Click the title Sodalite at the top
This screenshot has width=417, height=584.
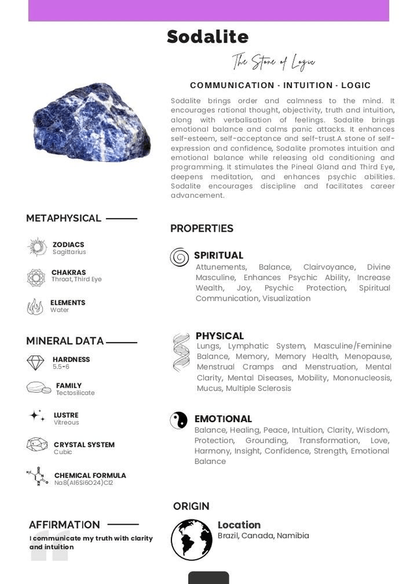pos(207,37)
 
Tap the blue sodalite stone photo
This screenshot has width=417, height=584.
pos(92,122)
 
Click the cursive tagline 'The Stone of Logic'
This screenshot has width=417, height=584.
pos(274,63)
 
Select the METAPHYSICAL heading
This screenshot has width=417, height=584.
pos(63,218)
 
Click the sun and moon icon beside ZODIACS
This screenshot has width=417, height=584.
pos(37,247)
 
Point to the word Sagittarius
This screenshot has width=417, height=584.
pos(69,252)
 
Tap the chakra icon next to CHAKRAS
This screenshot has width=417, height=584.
pos(36,277)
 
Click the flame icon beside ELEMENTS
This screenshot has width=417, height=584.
pos(35,306)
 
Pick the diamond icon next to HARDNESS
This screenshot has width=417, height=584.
pos(36,362)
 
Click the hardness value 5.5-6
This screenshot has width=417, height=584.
pos(61,367)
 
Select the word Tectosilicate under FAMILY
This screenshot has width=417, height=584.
pos(75,393)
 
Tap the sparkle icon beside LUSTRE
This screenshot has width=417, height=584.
pos(37,416)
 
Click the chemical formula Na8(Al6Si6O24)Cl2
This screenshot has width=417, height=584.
pos(83,483)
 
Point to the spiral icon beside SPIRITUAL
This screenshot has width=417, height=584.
pos(179,257)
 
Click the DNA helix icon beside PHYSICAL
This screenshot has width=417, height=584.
pos(181,352)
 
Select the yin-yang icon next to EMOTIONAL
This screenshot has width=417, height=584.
pos(179,420)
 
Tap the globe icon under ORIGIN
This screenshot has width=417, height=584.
pos(192,540)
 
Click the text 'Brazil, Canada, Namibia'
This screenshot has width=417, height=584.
pos(263,536)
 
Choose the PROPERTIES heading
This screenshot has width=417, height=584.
pos(201,228)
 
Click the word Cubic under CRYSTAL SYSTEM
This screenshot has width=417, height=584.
pos(63,452)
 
